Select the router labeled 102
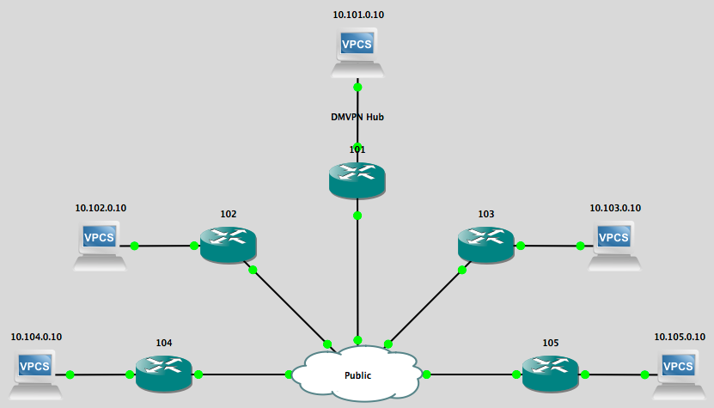(229, 244)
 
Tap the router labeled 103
(486, 244)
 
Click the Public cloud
(357, 375)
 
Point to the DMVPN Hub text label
(357, 117)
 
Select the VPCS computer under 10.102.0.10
(101, 244)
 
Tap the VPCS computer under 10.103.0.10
(615, 244)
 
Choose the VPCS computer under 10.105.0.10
(679, 374)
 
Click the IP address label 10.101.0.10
(358, 15)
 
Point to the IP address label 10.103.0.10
(615, 208)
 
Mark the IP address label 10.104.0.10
(36, 337)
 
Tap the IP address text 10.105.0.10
(680, 337)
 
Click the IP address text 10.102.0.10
(101, 208)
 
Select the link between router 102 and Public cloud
(289, 305)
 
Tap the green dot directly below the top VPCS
(357, 87)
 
